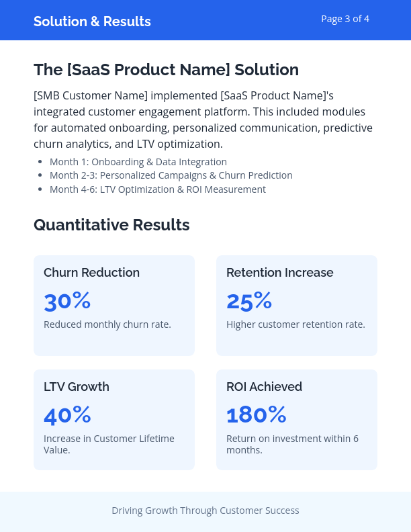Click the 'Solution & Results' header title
point(92,21)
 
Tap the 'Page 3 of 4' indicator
point(345,19)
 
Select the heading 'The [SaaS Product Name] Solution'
point(166,70)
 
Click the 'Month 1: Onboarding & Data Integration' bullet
point(138,162)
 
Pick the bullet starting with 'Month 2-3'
point(171,175)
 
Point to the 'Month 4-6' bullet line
point(158,189)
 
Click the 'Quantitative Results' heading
point(111,225)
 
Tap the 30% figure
point(67,301)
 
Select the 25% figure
point(249,301)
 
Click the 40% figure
point(67,415)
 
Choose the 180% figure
point(257,415)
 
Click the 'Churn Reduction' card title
point(91,273)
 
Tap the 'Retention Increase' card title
point(279,273)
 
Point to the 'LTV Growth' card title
point(76,387)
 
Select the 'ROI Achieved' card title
point(264,387)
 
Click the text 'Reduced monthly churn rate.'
point(107,324)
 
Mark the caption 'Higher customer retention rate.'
point(295,324)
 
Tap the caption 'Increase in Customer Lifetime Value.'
point(109,444)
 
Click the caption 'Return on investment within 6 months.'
point(292,444)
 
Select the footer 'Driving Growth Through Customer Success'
point(205,511)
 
